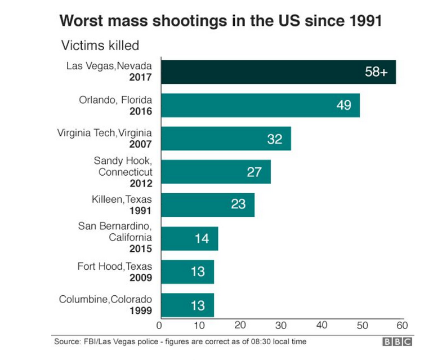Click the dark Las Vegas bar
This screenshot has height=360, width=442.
coord(279,72)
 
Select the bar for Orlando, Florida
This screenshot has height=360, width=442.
coord(261,105)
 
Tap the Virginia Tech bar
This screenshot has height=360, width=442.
coord(226,139)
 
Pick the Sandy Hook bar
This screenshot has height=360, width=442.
coord(216,172)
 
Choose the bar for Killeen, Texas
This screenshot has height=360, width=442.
coord(208,205)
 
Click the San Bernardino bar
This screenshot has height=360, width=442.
coord(190,238)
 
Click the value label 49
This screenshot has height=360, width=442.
coord(343,105)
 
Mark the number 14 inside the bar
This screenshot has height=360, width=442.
coord(202,238)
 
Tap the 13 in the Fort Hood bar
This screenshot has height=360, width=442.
coord(198,272)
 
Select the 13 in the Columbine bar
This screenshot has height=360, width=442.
coord(198,305)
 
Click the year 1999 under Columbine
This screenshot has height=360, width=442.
coord(141,310)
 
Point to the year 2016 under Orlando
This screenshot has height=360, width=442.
coord(141,110)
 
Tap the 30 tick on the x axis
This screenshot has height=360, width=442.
coord(281,325)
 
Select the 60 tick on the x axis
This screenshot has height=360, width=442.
coord(401,325)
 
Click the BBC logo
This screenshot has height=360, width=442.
coord(398,342)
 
